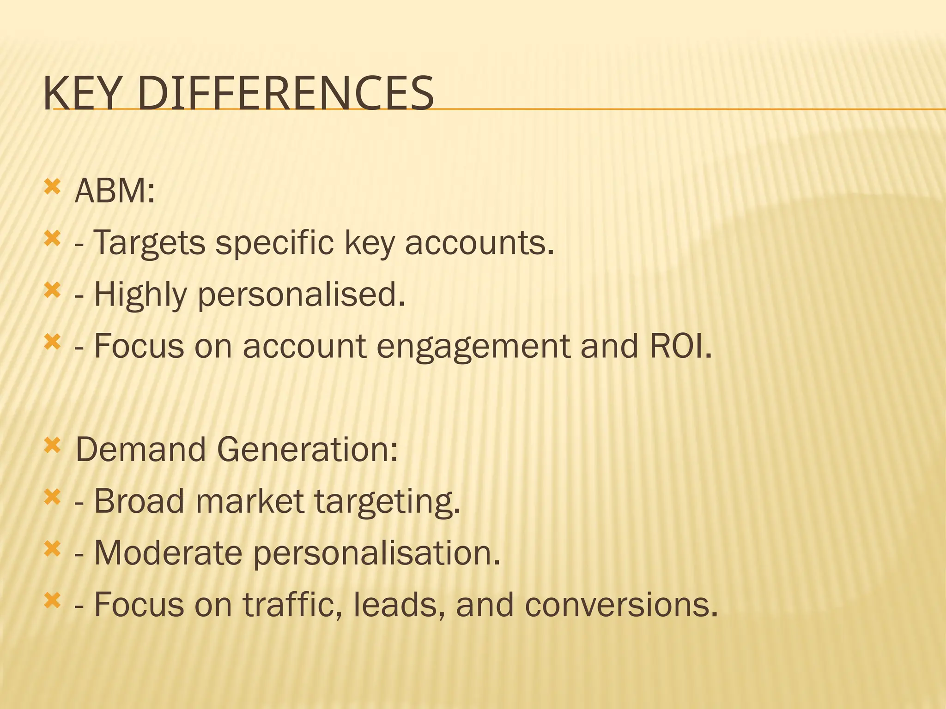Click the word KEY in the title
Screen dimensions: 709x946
(x=85, y=94)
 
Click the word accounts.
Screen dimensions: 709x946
(x=479, y=243)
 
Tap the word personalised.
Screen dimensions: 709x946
(x=302, y=295)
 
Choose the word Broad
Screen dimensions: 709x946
(x=139, y=501)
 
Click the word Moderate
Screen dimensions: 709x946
(x=168, y=553)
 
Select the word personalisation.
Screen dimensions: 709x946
(x=377, y=553)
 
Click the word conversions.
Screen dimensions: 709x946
(x=621, y=605)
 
